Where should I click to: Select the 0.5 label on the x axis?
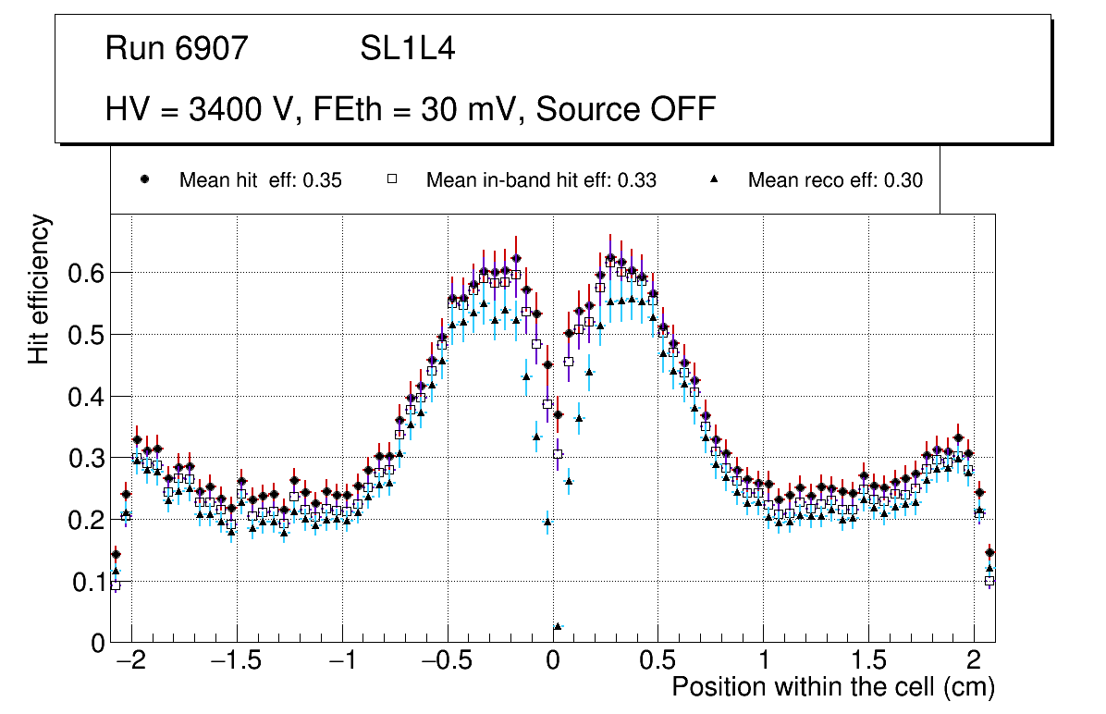point(657,663)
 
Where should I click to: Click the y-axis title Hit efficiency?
point(40,289)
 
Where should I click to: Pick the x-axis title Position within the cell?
point(832,688)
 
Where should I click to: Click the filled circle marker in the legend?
point(144,180)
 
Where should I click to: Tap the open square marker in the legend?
point(391,180)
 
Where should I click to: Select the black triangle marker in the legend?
point(713,180)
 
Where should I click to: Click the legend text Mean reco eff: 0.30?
point(835,180)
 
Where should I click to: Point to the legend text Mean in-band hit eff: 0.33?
point(541,180)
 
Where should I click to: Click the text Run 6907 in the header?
point(177,49)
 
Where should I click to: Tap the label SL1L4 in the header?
point(408,49)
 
